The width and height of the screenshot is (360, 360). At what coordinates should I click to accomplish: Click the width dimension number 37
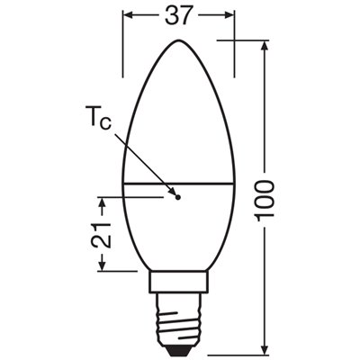178,16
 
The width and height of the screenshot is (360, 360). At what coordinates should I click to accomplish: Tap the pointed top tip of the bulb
178,40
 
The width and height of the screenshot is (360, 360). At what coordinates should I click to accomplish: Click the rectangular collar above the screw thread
178,289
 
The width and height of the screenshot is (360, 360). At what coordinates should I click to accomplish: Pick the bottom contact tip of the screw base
178,348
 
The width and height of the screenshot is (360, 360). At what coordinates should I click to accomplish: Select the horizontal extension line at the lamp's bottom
234,351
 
